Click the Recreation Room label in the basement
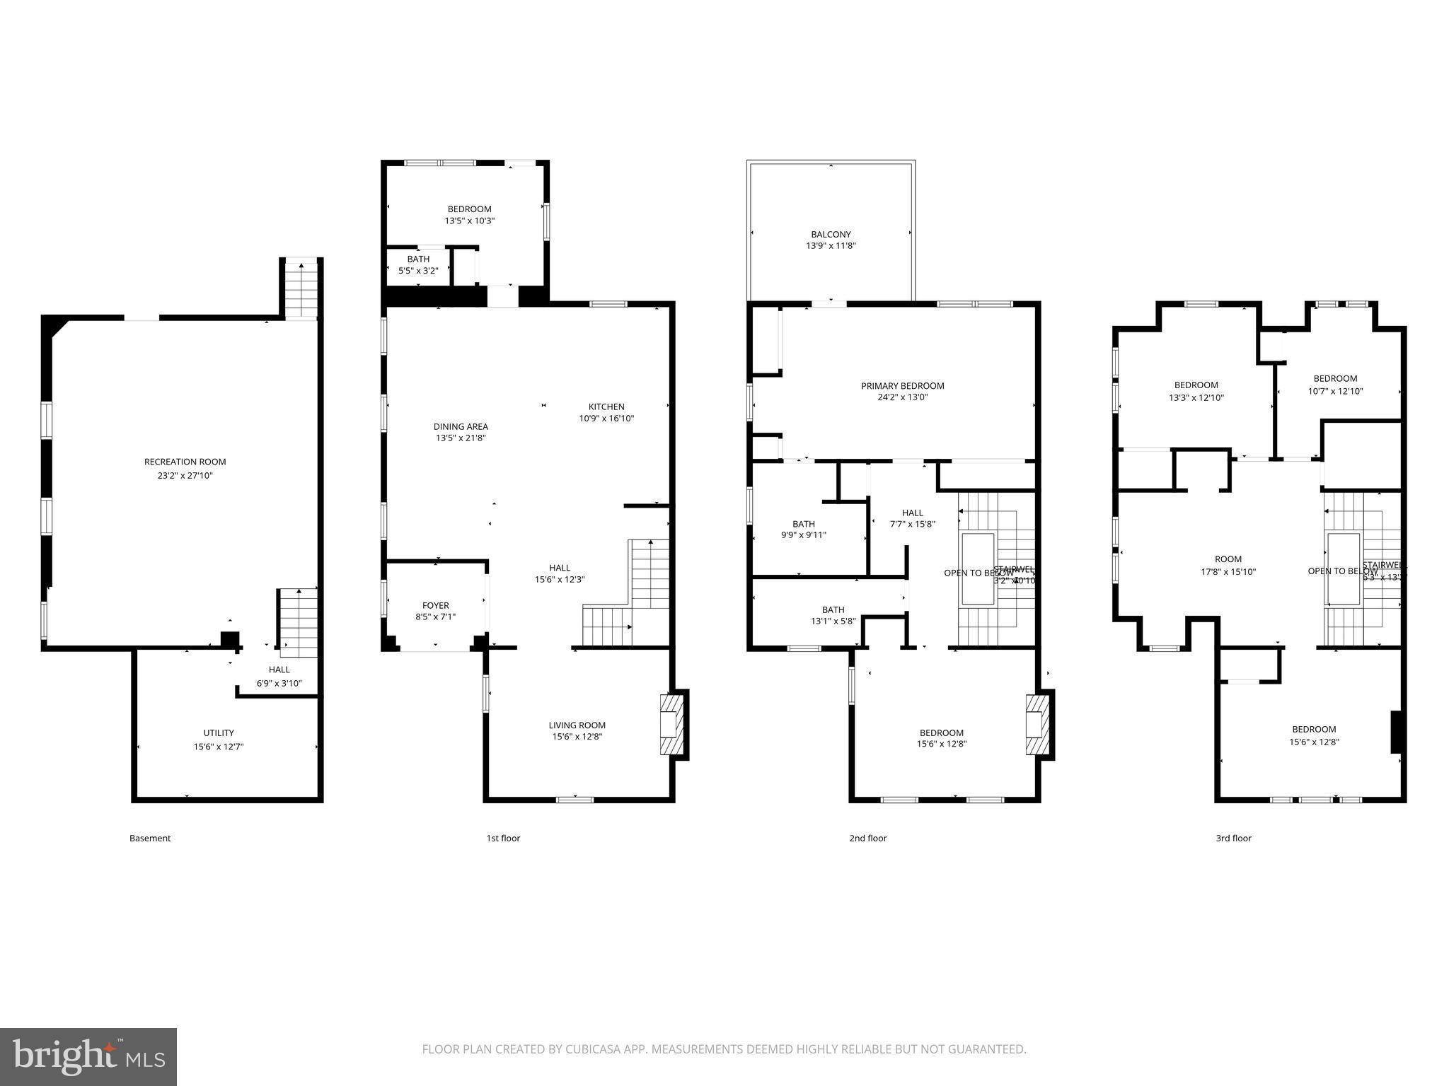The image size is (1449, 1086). coord(185,462)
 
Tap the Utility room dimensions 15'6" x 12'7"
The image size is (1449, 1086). coord(219,747)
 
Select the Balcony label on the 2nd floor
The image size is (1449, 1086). coord(831,234)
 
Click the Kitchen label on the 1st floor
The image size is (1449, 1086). coord(606,407)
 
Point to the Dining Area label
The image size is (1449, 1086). coord(461,426)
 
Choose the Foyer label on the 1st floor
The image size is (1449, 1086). coord(435,605)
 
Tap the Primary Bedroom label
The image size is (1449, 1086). coord(902,386)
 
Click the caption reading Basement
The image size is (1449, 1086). coord(150,839)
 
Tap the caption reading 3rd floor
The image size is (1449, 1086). coord(1233,839)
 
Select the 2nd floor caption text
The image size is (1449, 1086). coord(867,839)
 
